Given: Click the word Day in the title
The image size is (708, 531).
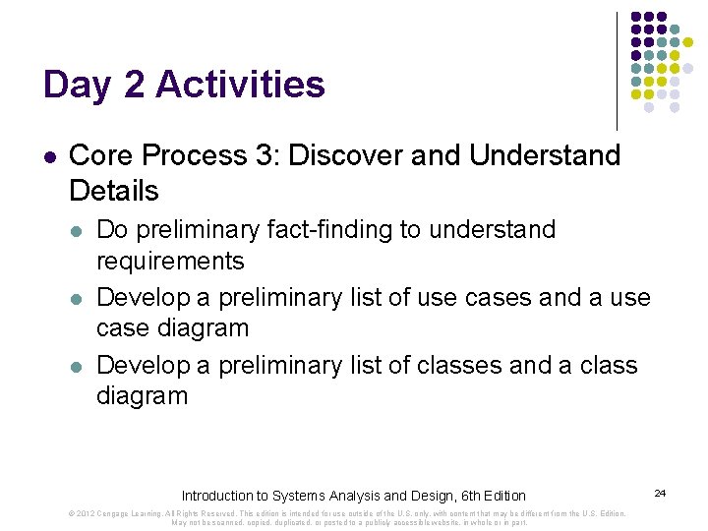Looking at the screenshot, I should (76, 86).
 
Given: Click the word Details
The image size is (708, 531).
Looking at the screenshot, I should (114, 190).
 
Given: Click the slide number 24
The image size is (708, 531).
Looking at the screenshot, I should (660, 492).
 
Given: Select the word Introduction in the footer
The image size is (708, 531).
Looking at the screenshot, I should (219, 496).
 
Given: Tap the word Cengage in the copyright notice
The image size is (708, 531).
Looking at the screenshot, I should (116, 513).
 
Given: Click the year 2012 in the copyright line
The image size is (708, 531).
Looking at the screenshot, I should (85, 513).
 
